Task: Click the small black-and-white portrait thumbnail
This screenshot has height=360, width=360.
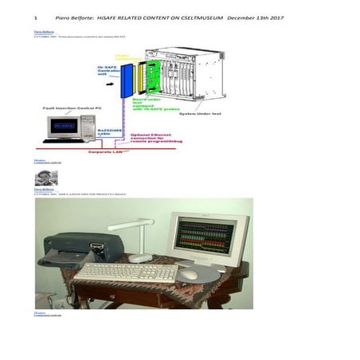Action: pos(45,178)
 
